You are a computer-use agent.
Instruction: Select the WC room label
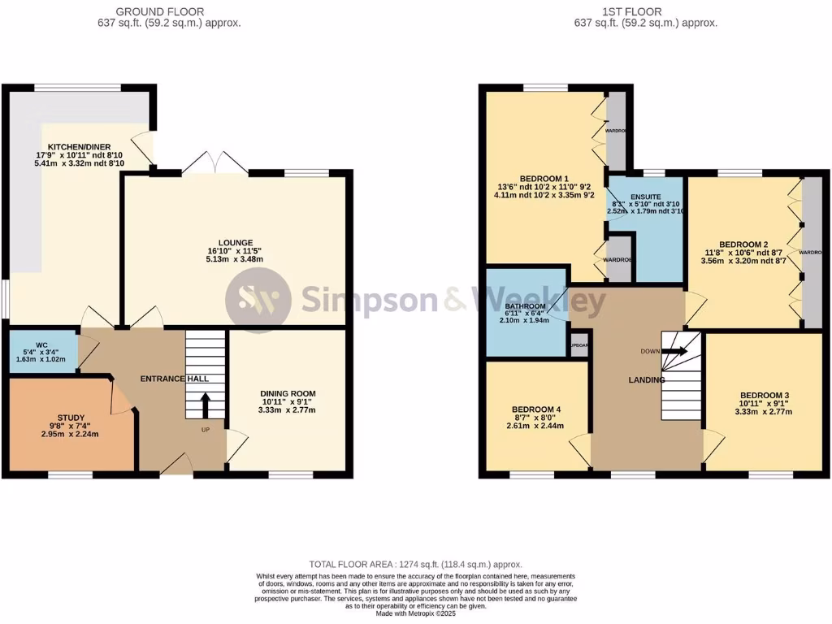click(x=41, y=344)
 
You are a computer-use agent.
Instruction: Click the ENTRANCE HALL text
click(x=175, y=379)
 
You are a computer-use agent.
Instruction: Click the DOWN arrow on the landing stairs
click(x=677, y=352)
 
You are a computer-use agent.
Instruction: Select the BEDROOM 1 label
click(x=544, y=179)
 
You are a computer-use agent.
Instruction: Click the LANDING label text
click(x=646, y=379)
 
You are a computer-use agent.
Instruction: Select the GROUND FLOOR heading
click(x=160, y=11)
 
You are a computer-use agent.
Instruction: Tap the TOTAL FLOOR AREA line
click(x=415, y=564)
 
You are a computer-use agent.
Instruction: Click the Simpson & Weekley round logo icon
click(x=258, y=300)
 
